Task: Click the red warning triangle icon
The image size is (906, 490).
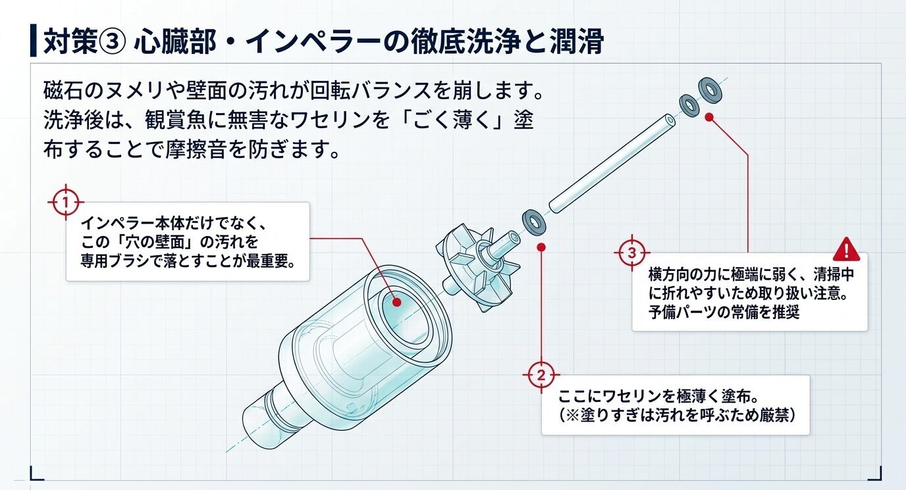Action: pos(846,249)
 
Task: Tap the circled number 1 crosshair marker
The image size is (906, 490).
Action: pos(65,201)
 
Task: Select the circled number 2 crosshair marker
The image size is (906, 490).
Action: pos(541,376)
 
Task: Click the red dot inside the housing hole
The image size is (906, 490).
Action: pos(397,302)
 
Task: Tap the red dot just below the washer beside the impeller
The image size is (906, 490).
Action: pos(541,247)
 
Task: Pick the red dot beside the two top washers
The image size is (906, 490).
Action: pos(709,117)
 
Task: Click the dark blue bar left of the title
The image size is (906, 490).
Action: pos(33,42)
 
